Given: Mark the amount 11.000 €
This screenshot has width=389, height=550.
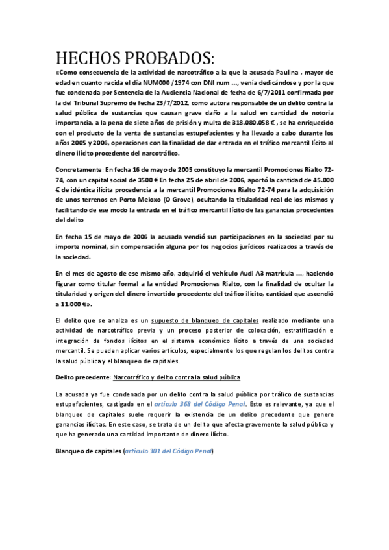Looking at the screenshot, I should tap(72, 304).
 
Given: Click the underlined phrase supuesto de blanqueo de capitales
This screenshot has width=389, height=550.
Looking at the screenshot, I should tap(205, 320).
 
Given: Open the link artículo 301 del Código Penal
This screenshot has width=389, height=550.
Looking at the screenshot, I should tap(168, 451).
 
